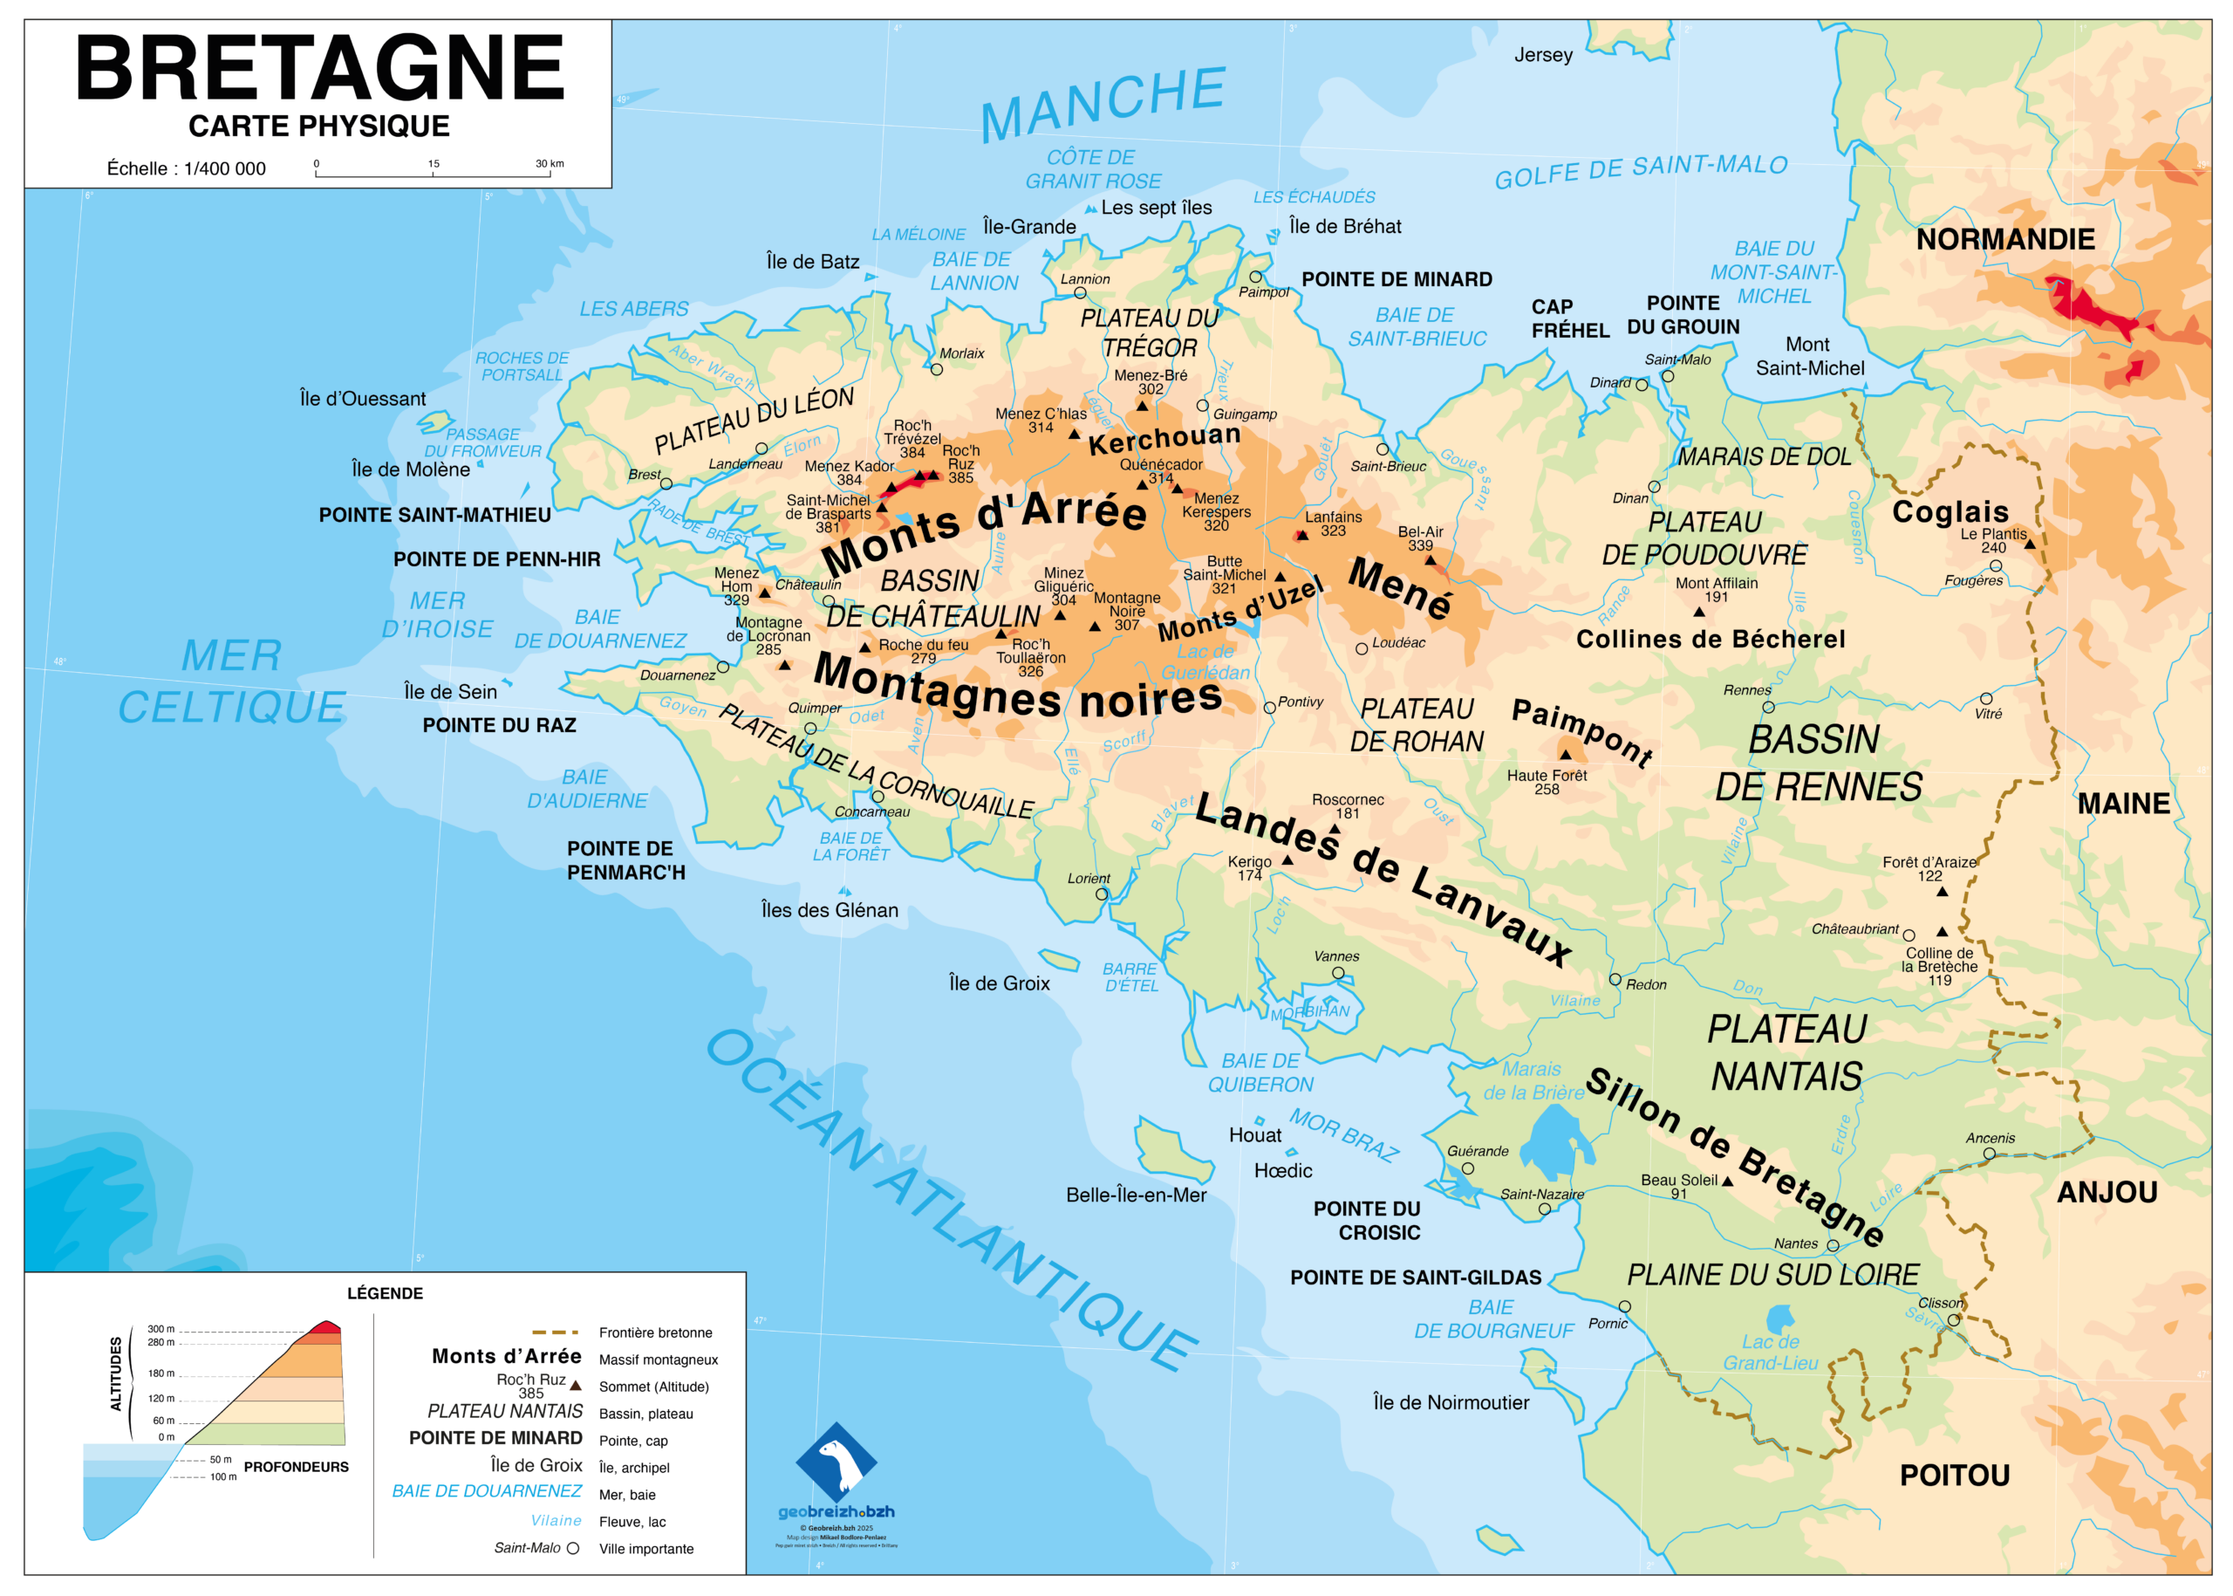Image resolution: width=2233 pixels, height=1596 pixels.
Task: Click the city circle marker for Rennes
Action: [x=1768, y=707]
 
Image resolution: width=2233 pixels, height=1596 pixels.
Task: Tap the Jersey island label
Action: [x=1542, y=55]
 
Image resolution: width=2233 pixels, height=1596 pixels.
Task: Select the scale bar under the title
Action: [x=433, y=174]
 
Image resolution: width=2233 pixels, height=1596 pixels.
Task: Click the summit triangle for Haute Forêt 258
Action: [x=1566, y=755]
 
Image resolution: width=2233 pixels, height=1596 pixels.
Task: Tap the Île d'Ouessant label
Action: [x=363, y=399]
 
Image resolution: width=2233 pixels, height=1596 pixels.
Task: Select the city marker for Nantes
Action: [x=1832, y=1245]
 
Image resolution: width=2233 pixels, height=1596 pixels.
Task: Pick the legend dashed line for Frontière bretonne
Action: [x=555, y=1332]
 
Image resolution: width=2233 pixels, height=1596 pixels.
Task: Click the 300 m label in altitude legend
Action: [x=160, y=1329]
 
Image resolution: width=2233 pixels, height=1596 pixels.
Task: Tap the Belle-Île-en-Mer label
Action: [x=1136, y=1195]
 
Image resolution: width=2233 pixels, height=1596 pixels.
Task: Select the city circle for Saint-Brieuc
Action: [x=1383, y=449]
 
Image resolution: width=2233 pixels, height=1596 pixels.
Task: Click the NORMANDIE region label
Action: [x=2005, y=239]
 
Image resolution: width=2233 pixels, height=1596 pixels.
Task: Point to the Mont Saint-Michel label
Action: [x=1810, y=356]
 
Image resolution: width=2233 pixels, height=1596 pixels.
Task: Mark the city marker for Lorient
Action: [x=1102, y=894]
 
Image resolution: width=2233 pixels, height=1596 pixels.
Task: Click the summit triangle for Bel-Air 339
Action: [x=1431, y=560]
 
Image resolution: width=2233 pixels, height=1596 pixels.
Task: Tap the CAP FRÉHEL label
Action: [x=1570, y=319]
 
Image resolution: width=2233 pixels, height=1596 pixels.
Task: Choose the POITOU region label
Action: [x=1954, y=1475]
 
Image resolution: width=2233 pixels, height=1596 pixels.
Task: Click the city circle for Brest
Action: [x=666, y=483]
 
